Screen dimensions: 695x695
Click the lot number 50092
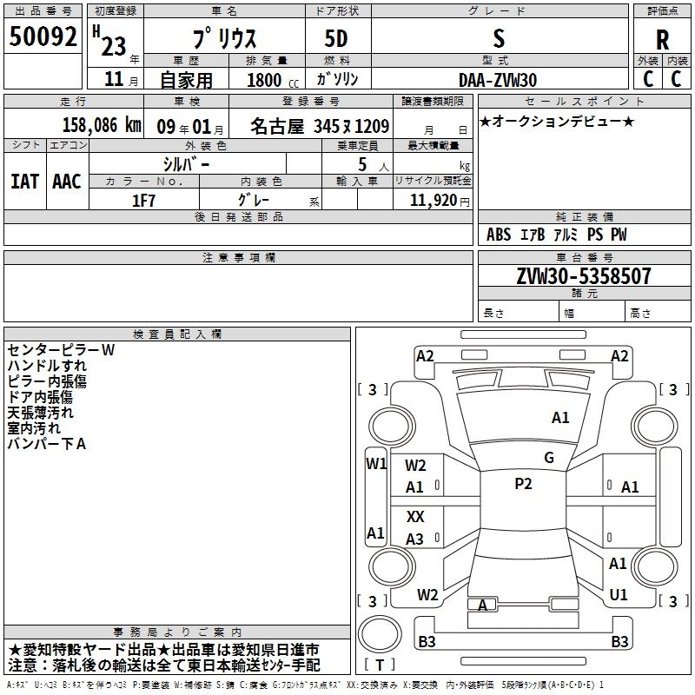point(43,36)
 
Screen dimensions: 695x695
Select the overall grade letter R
point(662,39)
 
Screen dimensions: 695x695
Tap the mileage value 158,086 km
point(102,125)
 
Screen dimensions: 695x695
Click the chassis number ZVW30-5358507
point(584,276)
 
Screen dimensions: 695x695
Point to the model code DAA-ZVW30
point(498,80)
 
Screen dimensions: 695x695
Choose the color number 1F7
point(143,201)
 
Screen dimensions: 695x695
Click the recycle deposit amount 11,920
point(434,201)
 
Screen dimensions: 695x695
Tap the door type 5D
point(336,39)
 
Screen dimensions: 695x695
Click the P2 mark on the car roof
point(523,484)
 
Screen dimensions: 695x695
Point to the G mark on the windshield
point(549,458)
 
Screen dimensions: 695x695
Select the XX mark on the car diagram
point(415,516)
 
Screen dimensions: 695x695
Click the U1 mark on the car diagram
point(619,594)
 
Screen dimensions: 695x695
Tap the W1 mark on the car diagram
point(376,464)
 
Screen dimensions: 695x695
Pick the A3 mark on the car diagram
point(414,539)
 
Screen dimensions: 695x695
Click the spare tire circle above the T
point(380,634)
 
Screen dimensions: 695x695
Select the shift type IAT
point(25,182)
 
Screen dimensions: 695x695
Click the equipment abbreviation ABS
point(498,235)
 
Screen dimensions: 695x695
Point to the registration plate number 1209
point(373,126)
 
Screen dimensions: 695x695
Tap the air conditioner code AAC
point(67,182)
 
